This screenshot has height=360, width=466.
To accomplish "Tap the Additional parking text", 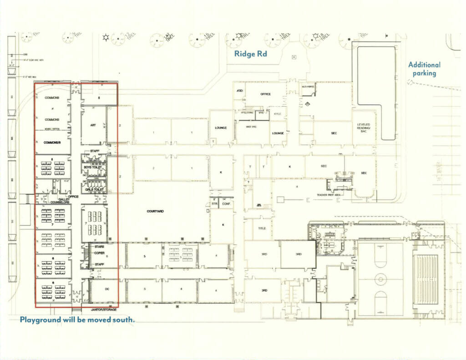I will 424,69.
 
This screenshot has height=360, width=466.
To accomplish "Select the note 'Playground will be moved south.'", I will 77,320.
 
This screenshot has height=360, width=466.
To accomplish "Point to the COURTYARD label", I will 156,211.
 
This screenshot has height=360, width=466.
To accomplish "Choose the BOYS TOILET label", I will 92,167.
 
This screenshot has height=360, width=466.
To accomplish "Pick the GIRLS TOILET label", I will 93,189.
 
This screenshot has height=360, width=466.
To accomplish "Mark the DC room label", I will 107,289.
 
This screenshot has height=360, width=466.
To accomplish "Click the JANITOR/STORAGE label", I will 101,310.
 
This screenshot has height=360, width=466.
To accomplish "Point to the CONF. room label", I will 226,204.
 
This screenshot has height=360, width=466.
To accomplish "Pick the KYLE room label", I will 277,114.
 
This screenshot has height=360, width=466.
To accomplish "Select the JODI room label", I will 239,91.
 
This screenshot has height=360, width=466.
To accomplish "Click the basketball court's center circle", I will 380,278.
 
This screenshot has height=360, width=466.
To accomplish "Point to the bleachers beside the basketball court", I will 426,279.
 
